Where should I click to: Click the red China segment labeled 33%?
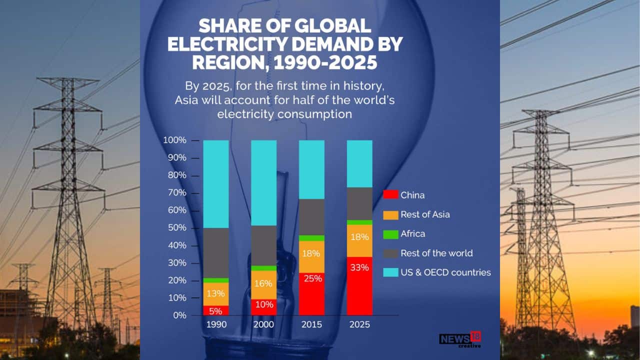(x=359, y=285)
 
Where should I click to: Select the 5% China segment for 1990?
(x=215, y=310)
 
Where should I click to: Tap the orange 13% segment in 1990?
(x=215, y=294)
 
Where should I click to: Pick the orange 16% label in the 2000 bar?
(x=263, y=283)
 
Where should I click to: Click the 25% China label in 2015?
(x=311, y=278)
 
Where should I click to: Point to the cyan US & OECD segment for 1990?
(x=215, y=184)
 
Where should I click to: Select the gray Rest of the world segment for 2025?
(x=359, y=203)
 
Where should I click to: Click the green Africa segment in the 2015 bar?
(x=311, y=238)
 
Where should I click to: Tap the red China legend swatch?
(x=390, y=194)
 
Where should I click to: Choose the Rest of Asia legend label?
(x=425, y=214)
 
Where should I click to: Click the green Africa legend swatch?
(x=390, y=233)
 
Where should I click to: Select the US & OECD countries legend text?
(x=445, y=272)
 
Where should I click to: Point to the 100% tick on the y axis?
(x=174, y=140)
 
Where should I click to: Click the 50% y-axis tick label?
(x=176, y=228)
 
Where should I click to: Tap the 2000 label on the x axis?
(x=263, y=324)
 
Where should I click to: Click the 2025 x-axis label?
(x=359, y=324)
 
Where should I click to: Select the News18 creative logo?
(x=460, y=339)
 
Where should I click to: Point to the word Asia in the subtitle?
(x=186, y=99)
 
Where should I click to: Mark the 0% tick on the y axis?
(x=179, y=315)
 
